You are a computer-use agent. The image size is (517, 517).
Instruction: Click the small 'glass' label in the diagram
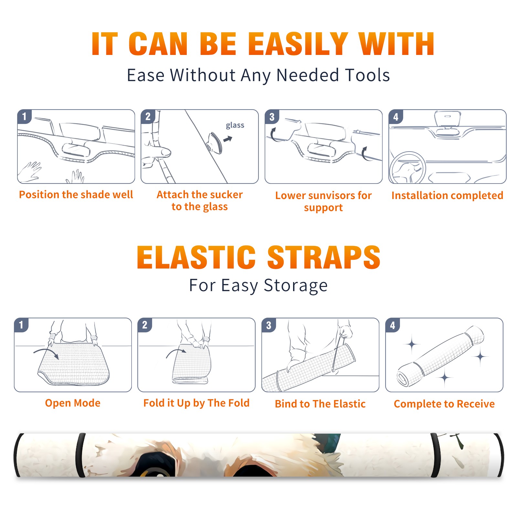(x=235, y=125)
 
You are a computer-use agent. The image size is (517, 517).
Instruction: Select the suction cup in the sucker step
(x=215, y=142)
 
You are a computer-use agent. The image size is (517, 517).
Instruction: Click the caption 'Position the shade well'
(x=76, y=195)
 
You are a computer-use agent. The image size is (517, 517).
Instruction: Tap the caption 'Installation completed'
(x=447, y=195)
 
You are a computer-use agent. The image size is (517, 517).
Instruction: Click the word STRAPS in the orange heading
(x=324, y=257)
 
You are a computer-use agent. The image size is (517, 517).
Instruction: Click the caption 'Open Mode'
(x=73, y=403)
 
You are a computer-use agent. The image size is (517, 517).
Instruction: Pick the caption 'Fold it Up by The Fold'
(x=196, y=403)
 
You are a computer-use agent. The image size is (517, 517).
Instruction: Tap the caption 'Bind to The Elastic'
(x=320, y=404)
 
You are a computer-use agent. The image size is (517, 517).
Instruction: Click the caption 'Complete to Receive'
(x=444, y=404)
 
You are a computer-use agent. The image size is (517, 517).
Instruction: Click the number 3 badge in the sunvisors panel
(x=272, y=117)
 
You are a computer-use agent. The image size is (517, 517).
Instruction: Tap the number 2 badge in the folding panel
(x=145, y=325)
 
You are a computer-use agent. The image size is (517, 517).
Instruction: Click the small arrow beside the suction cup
(x=228, y=139)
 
